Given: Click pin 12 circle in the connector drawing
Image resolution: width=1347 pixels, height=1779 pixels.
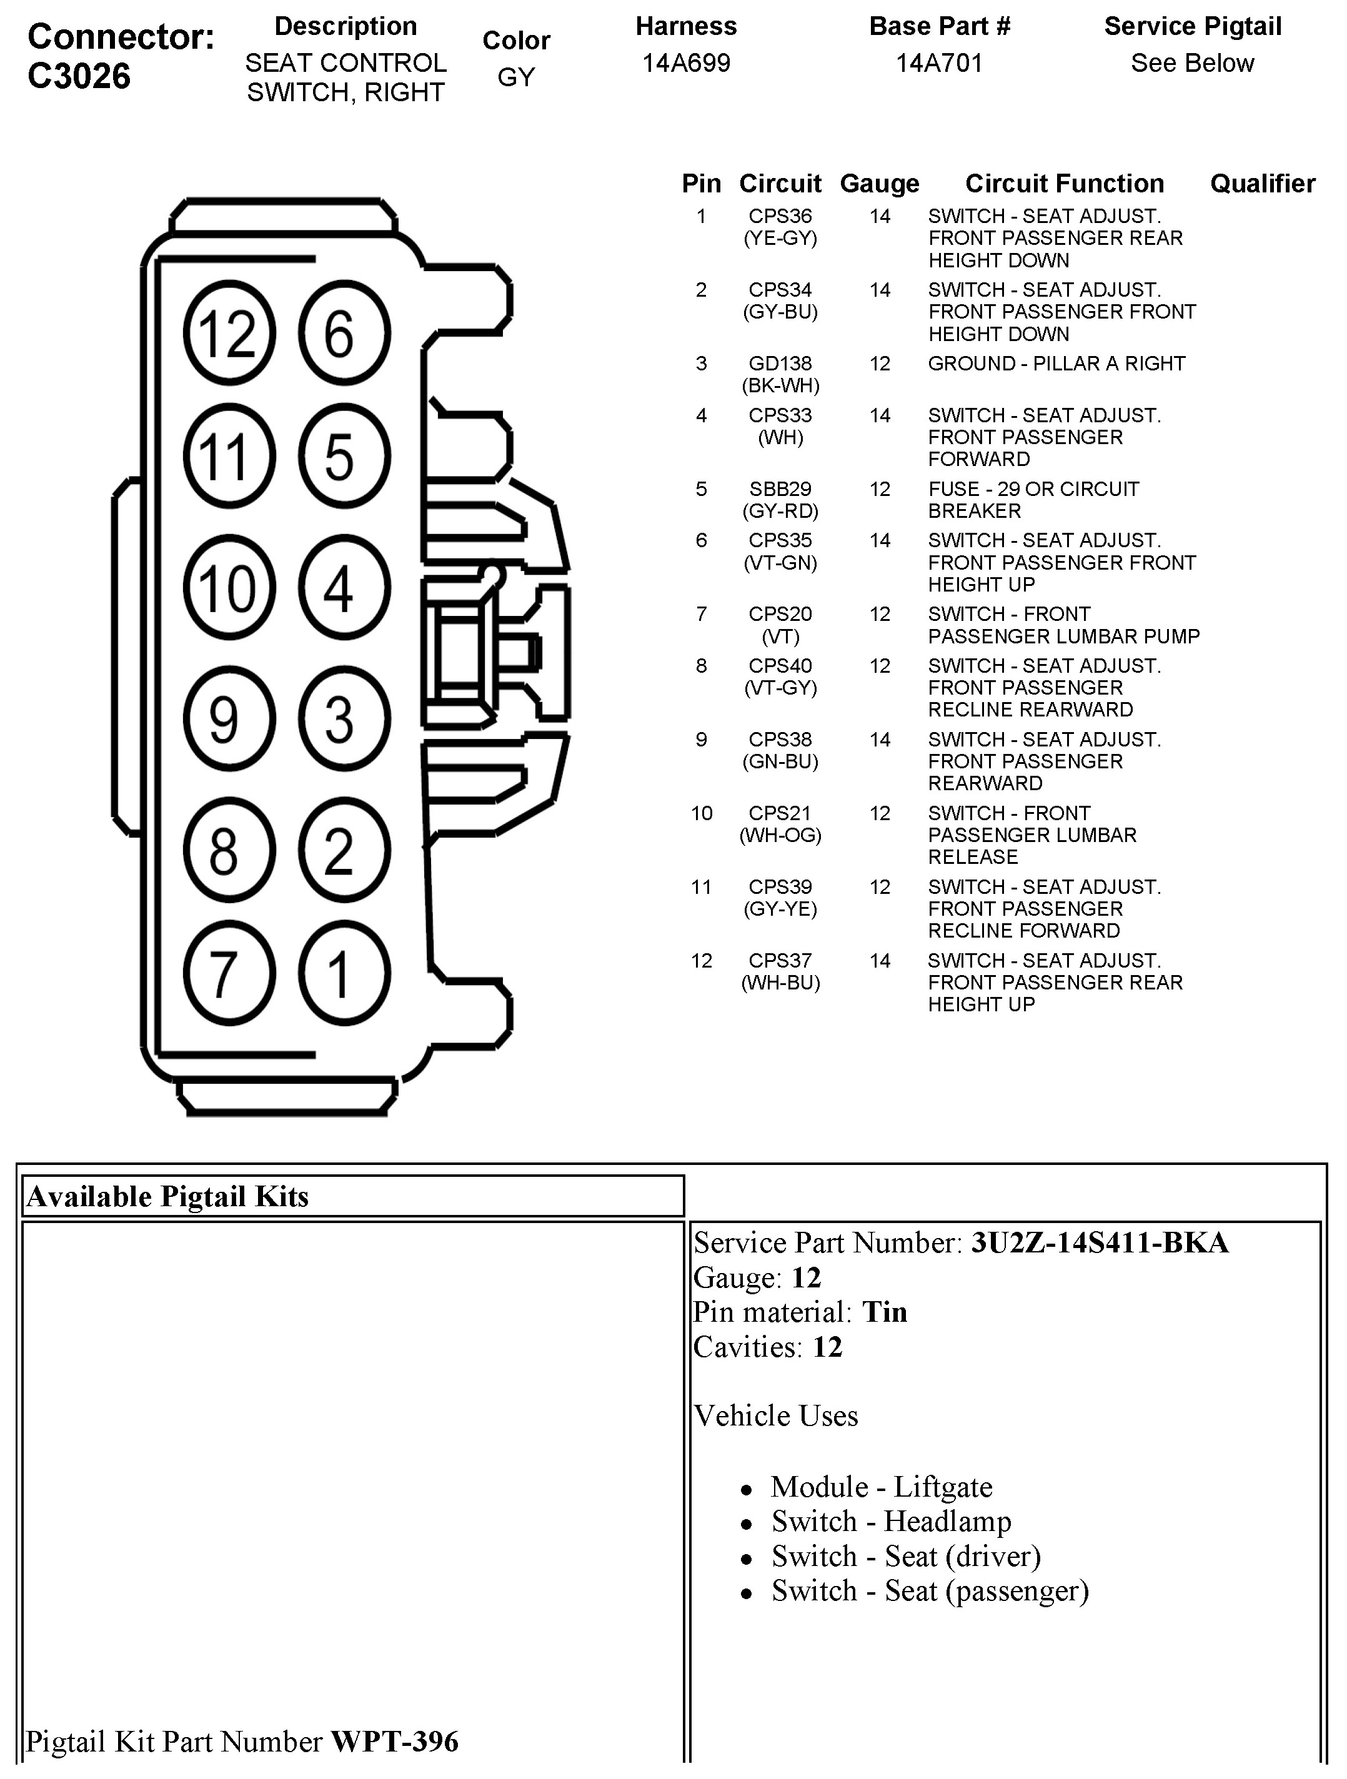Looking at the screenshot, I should (x=229, y=333).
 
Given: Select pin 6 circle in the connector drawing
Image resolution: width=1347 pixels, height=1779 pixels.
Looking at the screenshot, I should (x=344, y=333).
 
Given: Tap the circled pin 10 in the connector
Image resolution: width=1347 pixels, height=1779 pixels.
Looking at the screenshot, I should (x=229, y=588).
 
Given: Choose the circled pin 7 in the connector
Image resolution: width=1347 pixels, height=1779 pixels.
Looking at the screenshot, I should (x=229, y=973).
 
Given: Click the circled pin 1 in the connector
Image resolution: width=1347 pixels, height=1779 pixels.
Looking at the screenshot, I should (x=344, y=973).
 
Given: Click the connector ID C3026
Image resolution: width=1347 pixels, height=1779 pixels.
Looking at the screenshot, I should (x=79, y=76).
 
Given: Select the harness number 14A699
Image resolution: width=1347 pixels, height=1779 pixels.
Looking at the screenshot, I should (x=686, y=62).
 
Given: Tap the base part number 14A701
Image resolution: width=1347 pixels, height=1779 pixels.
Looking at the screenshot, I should (x=939, y=62).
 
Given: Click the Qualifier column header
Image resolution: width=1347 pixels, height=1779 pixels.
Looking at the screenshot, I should (x=1262, y=184).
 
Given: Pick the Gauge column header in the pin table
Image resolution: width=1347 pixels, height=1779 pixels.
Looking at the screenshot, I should (x=879, y=184).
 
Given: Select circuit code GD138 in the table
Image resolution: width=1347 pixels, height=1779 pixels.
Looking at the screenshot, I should (x=780, y=364).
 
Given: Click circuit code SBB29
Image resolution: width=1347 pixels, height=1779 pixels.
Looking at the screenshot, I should (x=780, y=489).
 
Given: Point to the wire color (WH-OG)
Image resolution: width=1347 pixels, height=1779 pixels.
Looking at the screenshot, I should (x=780, y=836).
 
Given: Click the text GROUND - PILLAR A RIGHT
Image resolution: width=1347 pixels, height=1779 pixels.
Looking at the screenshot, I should (x=1056, y=364).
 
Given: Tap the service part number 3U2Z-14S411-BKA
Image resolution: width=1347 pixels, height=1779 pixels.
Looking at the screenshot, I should (x=1100, y=1242).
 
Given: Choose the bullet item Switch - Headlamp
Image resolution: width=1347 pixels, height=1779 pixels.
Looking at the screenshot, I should (x=891, y=1522).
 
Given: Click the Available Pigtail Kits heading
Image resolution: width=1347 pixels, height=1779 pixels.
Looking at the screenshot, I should (x=167, y=1197).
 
